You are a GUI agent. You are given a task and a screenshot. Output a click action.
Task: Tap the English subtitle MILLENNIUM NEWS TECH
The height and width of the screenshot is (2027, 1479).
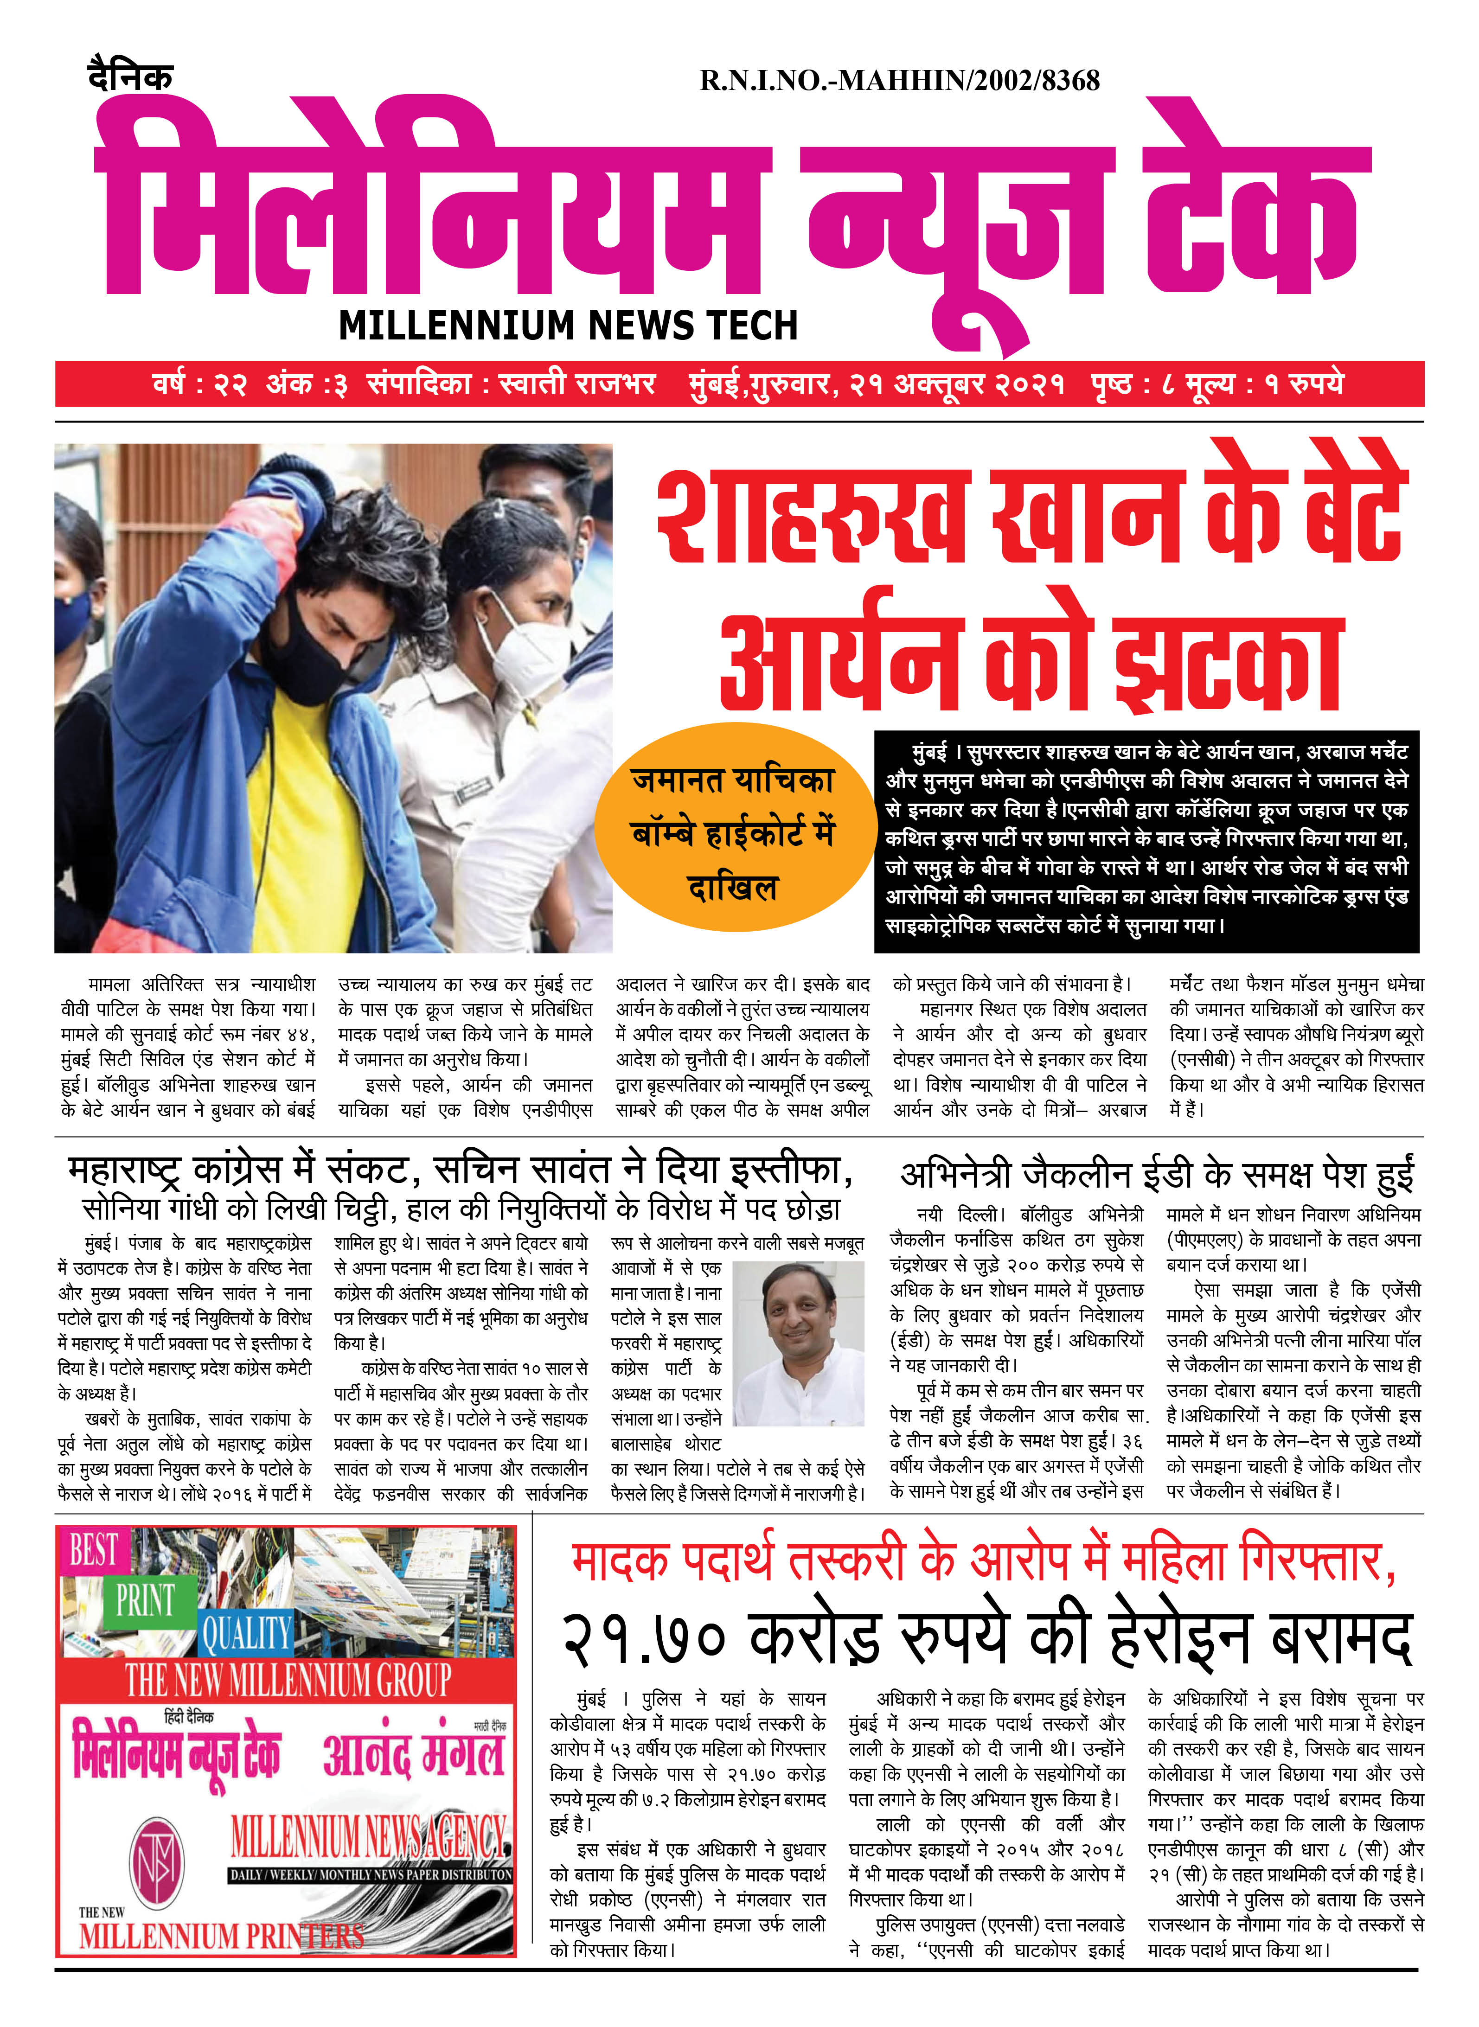[x=568, y=325]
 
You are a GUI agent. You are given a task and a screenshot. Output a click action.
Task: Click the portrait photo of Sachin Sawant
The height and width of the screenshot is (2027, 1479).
[x=798, y=1343]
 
